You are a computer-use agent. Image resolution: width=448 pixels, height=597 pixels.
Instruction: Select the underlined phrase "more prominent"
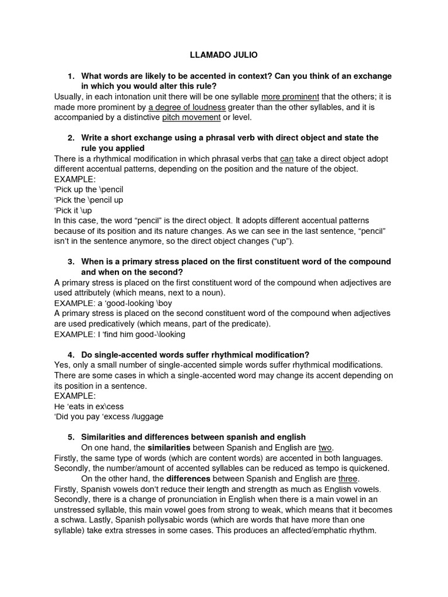pos(290,97)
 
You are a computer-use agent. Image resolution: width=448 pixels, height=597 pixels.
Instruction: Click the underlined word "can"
pos(286,159)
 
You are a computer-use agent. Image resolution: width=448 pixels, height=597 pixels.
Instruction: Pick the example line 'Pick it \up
pos(73,210)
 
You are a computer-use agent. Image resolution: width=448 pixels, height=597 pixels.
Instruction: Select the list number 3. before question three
pos(71,261)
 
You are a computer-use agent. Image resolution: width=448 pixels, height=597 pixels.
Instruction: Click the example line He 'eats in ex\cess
pos(89,406)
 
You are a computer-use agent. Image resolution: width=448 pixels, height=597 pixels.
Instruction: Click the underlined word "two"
pos(325,448)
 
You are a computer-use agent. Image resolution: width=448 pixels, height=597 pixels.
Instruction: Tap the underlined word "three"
pos(348,479)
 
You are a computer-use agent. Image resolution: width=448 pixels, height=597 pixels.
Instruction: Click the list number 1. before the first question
pos(71,76)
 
